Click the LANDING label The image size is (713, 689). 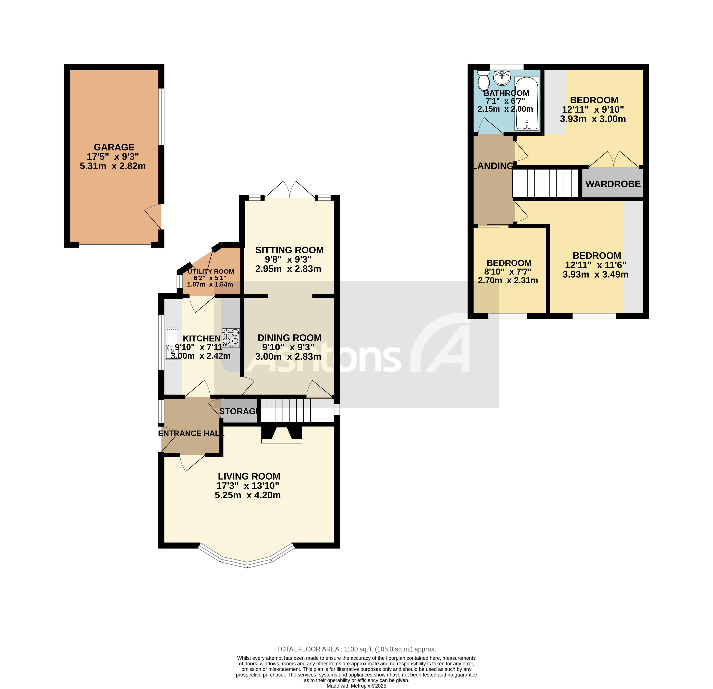coord(493,166)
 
